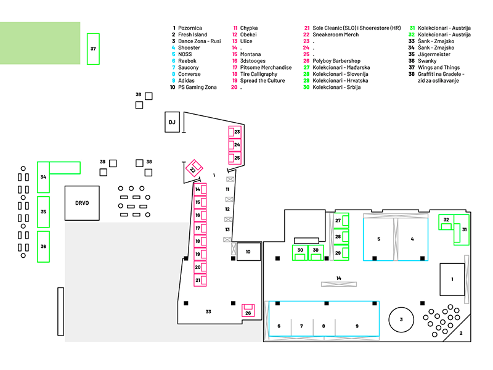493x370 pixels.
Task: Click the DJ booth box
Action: coord(172,122)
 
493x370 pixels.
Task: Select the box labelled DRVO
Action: coord(82,203)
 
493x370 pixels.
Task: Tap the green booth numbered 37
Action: coord(93,48)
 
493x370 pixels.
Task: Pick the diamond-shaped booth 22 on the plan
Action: coord(193,169)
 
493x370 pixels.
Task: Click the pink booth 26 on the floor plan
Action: coord(248,311)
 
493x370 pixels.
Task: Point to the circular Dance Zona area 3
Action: coord(401,319)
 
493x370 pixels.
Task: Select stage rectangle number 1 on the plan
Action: coord(452,279)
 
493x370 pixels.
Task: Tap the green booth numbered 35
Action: coord(43,212)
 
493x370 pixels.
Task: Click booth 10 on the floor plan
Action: coord(248,252)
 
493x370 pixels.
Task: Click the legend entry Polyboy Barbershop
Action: coord(336,61)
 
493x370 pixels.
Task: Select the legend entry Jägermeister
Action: coord(438,54)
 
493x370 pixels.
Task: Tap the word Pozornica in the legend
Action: coord(191,28)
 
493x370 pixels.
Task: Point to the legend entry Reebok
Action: coord(186,61)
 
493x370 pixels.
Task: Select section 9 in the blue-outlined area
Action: coord(357,326)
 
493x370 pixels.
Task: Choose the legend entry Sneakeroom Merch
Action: coord(336,35)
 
